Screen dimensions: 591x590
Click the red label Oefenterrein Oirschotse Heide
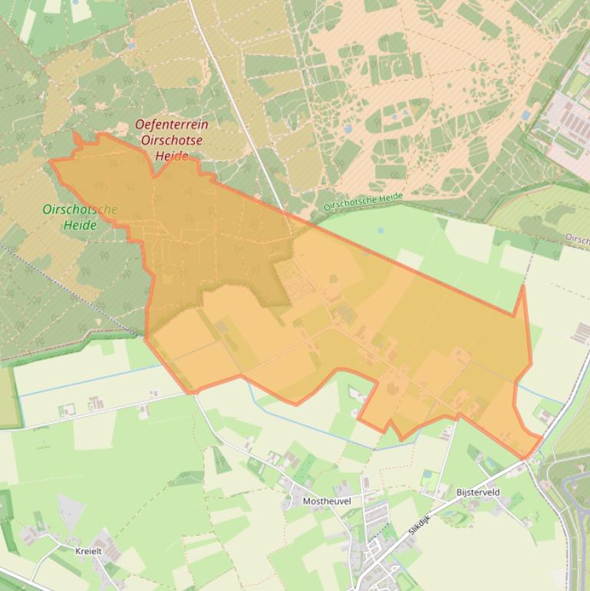[171, 140]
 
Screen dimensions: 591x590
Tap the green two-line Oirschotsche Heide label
[80, 217]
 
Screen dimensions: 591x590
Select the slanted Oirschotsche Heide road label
[363, 202]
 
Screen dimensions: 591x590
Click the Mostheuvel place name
[327, 501]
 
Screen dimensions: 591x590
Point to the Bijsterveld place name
[477, 492]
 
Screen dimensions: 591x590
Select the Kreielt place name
[88, 551]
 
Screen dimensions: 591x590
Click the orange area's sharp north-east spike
[523, 287]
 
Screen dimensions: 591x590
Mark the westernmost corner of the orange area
[51, 161]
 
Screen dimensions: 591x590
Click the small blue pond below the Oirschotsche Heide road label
[381, 229]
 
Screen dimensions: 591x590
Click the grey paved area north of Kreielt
[71, 511]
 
